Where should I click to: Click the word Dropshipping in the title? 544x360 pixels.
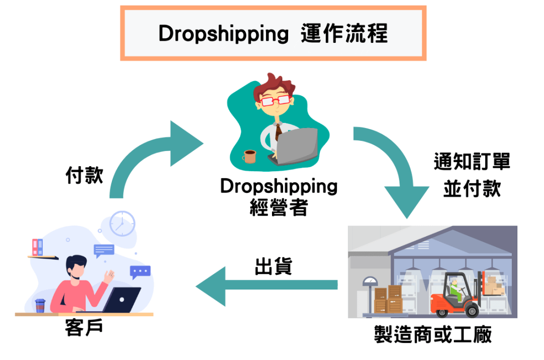tap(224, 34)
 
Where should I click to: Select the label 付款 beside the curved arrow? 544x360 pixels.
tap(84, 176)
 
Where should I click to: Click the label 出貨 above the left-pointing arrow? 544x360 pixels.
tap(274, 266)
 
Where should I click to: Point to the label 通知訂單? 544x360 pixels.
tap(472, 162)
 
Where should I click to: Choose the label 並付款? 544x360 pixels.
tap(472, 189)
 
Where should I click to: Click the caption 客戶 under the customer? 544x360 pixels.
tap(84, 328)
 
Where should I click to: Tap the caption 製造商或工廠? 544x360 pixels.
tap(433, 334)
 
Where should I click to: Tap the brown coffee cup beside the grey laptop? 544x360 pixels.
tap(249, 157)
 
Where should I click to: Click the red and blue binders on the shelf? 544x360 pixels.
tap(37, 247)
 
